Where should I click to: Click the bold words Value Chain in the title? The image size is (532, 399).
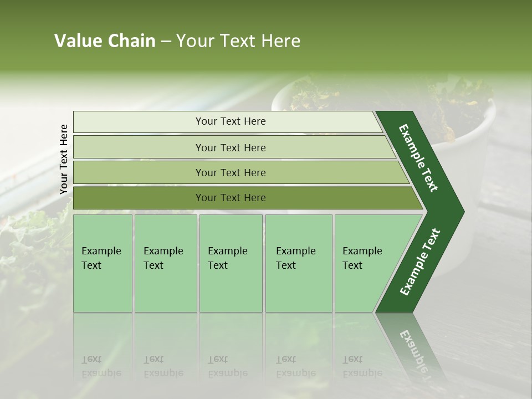click(x=105, y=41)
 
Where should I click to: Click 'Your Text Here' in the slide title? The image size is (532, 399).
click(x=238, y=41)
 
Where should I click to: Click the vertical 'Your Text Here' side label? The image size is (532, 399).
click(x=64, y=160)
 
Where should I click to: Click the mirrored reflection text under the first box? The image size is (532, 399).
click(x=101, y=366)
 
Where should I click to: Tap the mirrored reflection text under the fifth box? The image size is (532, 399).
click(x=362, y=366)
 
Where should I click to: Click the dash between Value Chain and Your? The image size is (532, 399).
click(x=166, y=42)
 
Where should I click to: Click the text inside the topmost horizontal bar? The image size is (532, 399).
click(x=231, y=121)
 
